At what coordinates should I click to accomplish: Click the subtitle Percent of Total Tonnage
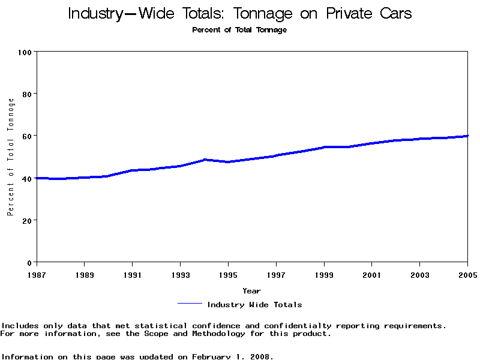coord(239,30)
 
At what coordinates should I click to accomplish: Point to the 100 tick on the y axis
coord(24,52)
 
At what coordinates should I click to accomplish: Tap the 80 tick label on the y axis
coord(26,94)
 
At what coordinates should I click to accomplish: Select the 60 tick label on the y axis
coord(26,136)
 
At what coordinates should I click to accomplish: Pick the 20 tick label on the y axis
coord(26,220)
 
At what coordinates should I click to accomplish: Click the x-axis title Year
coord(252,291)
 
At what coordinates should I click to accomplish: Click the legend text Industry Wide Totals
coord(254,305)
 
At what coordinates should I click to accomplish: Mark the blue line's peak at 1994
coord(205,160)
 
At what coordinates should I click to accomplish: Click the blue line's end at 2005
coord(467,136)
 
